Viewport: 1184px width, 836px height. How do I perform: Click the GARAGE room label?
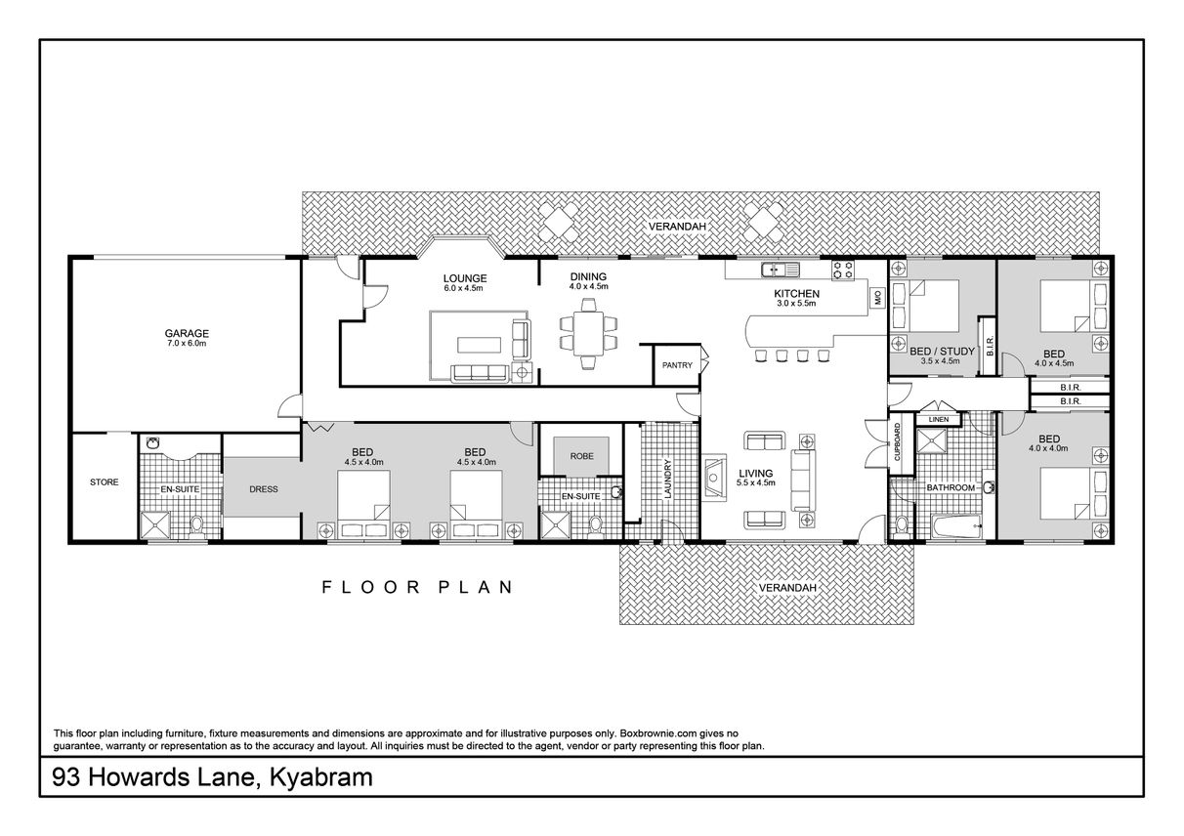pos(187,333)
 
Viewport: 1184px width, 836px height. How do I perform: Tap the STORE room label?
pos(105,481)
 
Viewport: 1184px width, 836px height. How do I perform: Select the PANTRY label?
pos(677,365)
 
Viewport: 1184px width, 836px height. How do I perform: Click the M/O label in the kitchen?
pos(878,298)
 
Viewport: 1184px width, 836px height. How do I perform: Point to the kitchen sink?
pos(781,270)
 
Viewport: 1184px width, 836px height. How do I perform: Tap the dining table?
pos(588,333)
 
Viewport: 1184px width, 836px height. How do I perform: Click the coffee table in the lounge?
pos(479,345)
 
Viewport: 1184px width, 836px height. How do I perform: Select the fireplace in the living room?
pos(714,479)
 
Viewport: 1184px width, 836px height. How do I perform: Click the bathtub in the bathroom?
pos(956,526)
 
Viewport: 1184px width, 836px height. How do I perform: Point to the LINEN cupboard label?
pos(938,420)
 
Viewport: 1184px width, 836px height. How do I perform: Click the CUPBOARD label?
pos(897,441)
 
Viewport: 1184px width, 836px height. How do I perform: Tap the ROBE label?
pos(581,456)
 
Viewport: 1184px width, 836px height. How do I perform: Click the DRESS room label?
pos(264,489)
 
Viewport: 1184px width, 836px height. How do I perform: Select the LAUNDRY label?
pos(667,479)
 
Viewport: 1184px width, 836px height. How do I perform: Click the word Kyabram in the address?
pos(321,777)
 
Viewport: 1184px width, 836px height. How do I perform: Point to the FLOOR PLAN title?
pos(417,587)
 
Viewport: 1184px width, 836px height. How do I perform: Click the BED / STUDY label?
pos(942,352)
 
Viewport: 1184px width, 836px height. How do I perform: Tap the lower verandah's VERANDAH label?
pos(787,588)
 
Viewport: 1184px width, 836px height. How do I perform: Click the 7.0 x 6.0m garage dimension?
pos(187,344)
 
